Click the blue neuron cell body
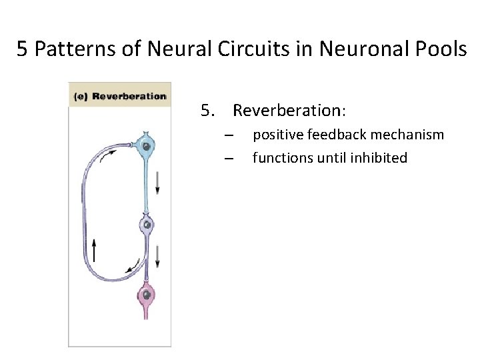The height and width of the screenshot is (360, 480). pyautogui.click(x=145, y=147)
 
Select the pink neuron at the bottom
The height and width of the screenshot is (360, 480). pyautogui.click(x=146, y=293)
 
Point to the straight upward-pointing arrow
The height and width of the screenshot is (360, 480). pyautogui.click(x=94, y=250)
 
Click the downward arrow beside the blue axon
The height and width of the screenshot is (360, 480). pyautogui.click(x=158, y=181)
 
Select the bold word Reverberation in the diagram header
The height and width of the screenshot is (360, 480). pyautogui.click(x=128, y=96)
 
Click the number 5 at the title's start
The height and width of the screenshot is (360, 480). pyautogui.click(x=21, y=51)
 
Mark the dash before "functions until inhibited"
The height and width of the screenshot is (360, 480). pyautogui.click(x=229, y=159)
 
